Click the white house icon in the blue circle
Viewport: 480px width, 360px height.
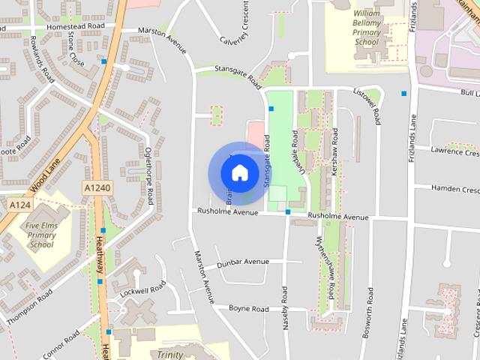click(x=239, y=172)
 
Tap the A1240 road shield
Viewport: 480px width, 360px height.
click(x=97, y=188)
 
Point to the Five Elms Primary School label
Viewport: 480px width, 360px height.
click(x=42, y=234)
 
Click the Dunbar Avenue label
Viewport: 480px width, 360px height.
click(x=242, y=262)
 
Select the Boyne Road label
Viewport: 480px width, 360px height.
click(x=248, y=309)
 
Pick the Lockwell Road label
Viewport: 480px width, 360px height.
click(x=142, y=289)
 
